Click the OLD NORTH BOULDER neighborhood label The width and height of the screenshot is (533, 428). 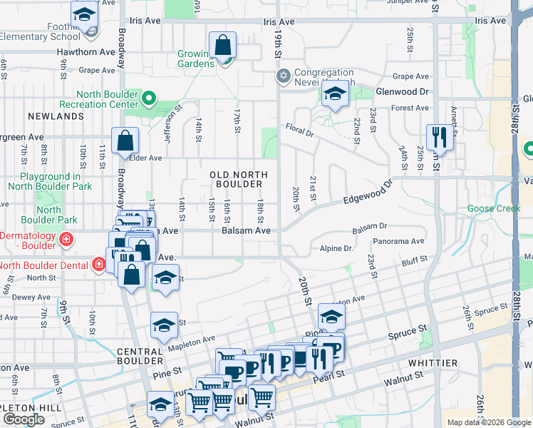tap(239, 179)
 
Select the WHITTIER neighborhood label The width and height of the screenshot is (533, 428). tap(433, 363)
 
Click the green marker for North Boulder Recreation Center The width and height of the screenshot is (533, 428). tap(149, 98)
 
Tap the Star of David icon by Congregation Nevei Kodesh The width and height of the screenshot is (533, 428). tap(283, 76)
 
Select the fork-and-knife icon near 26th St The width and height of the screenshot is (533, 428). tap(437, 137)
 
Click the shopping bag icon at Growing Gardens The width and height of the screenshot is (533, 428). tap(223, 46)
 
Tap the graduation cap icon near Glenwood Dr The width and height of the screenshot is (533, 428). tap(333, 94)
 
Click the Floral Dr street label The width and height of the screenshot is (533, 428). tap(300, 131)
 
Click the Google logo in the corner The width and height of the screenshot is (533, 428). tap(24, 419)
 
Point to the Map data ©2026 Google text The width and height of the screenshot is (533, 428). tap(488, 422)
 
